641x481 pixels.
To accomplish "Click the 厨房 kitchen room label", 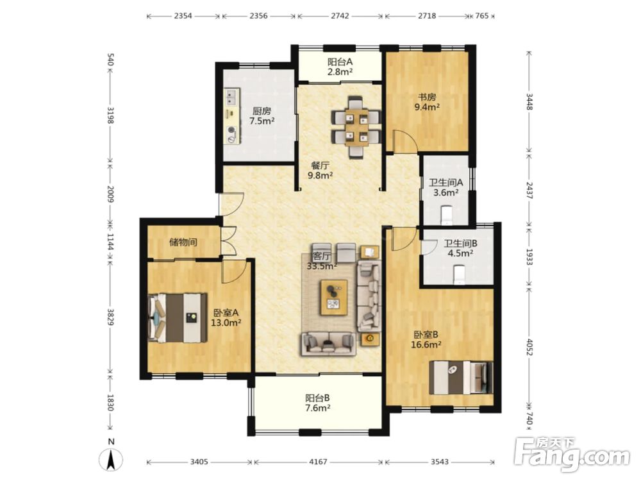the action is (262, 111).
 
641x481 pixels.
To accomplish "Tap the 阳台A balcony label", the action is (340, 62).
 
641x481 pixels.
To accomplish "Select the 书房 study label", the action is (427, 97).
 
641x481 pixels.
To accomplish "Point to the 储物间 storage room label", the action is (183, 242).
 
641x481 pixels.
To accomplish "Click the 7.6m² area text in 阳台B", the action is (318, 407).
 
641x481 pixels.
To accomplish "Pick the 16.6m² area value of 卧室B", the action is (426, 344).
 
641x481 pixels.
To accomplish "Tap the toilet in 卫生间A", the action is (446, 215).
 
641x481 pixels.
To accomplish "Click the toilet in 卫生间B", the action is (459, 274).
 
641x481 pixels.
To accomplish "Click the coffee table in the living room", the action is (334, 298).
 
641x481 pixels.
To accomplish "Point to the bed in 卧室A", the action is (178, 317).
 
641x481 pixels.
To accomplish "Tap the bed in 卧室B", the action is (461, 378).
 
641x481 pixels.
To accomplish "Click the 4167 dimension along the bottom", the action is (318, 462).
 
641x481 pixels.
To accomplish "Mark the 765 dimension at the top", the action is (482, 16).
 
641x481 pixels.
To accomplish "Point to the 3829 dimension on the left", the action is (110, 317).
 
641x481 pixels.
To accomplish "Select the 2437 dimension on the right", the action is (529, 190).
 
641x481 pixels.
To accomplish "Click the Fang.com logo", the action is (572, 453).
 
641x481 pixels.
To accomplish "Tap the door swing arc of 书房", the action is (410, 139).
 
